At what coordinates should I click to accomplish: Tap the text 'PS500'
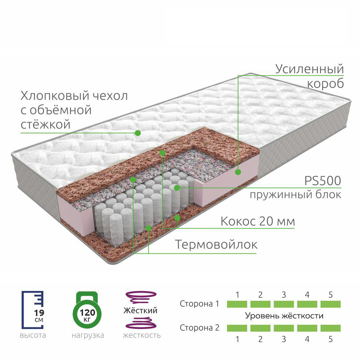[x=323, y=181]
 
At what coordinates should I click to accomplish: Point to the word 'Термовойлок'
[x=216, y=244]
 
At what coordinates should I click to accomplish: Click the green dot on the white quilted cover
[x=138, y=133]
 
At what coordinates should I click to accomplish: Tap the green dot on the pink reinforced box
[x=238, y=172]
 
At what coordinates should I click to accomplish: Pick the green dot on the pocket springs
[x=177, y=188]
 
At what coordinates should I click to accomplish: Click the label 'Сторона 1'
[x=199, y=304]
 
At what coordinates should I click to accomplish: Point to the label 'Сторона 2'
[x=199, y=328]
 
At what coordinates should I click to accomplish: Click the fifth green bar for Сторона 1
[x=330, y=304]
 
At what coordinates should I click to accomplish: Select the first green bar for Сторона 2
[x=237, y=328]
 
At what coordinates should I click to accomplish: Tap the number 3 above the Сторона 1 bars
[x=284, y=295]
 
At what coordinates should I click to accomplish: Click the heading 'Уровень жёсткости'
[x=284, y=316]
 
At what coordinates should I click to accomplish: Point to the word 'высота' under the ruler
[x=33, y=335]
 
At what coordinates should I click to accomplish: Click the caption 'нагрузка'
[x=88, y=335]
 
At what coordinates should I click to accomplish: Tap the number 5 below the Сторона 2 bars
[x=330, y=339]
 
